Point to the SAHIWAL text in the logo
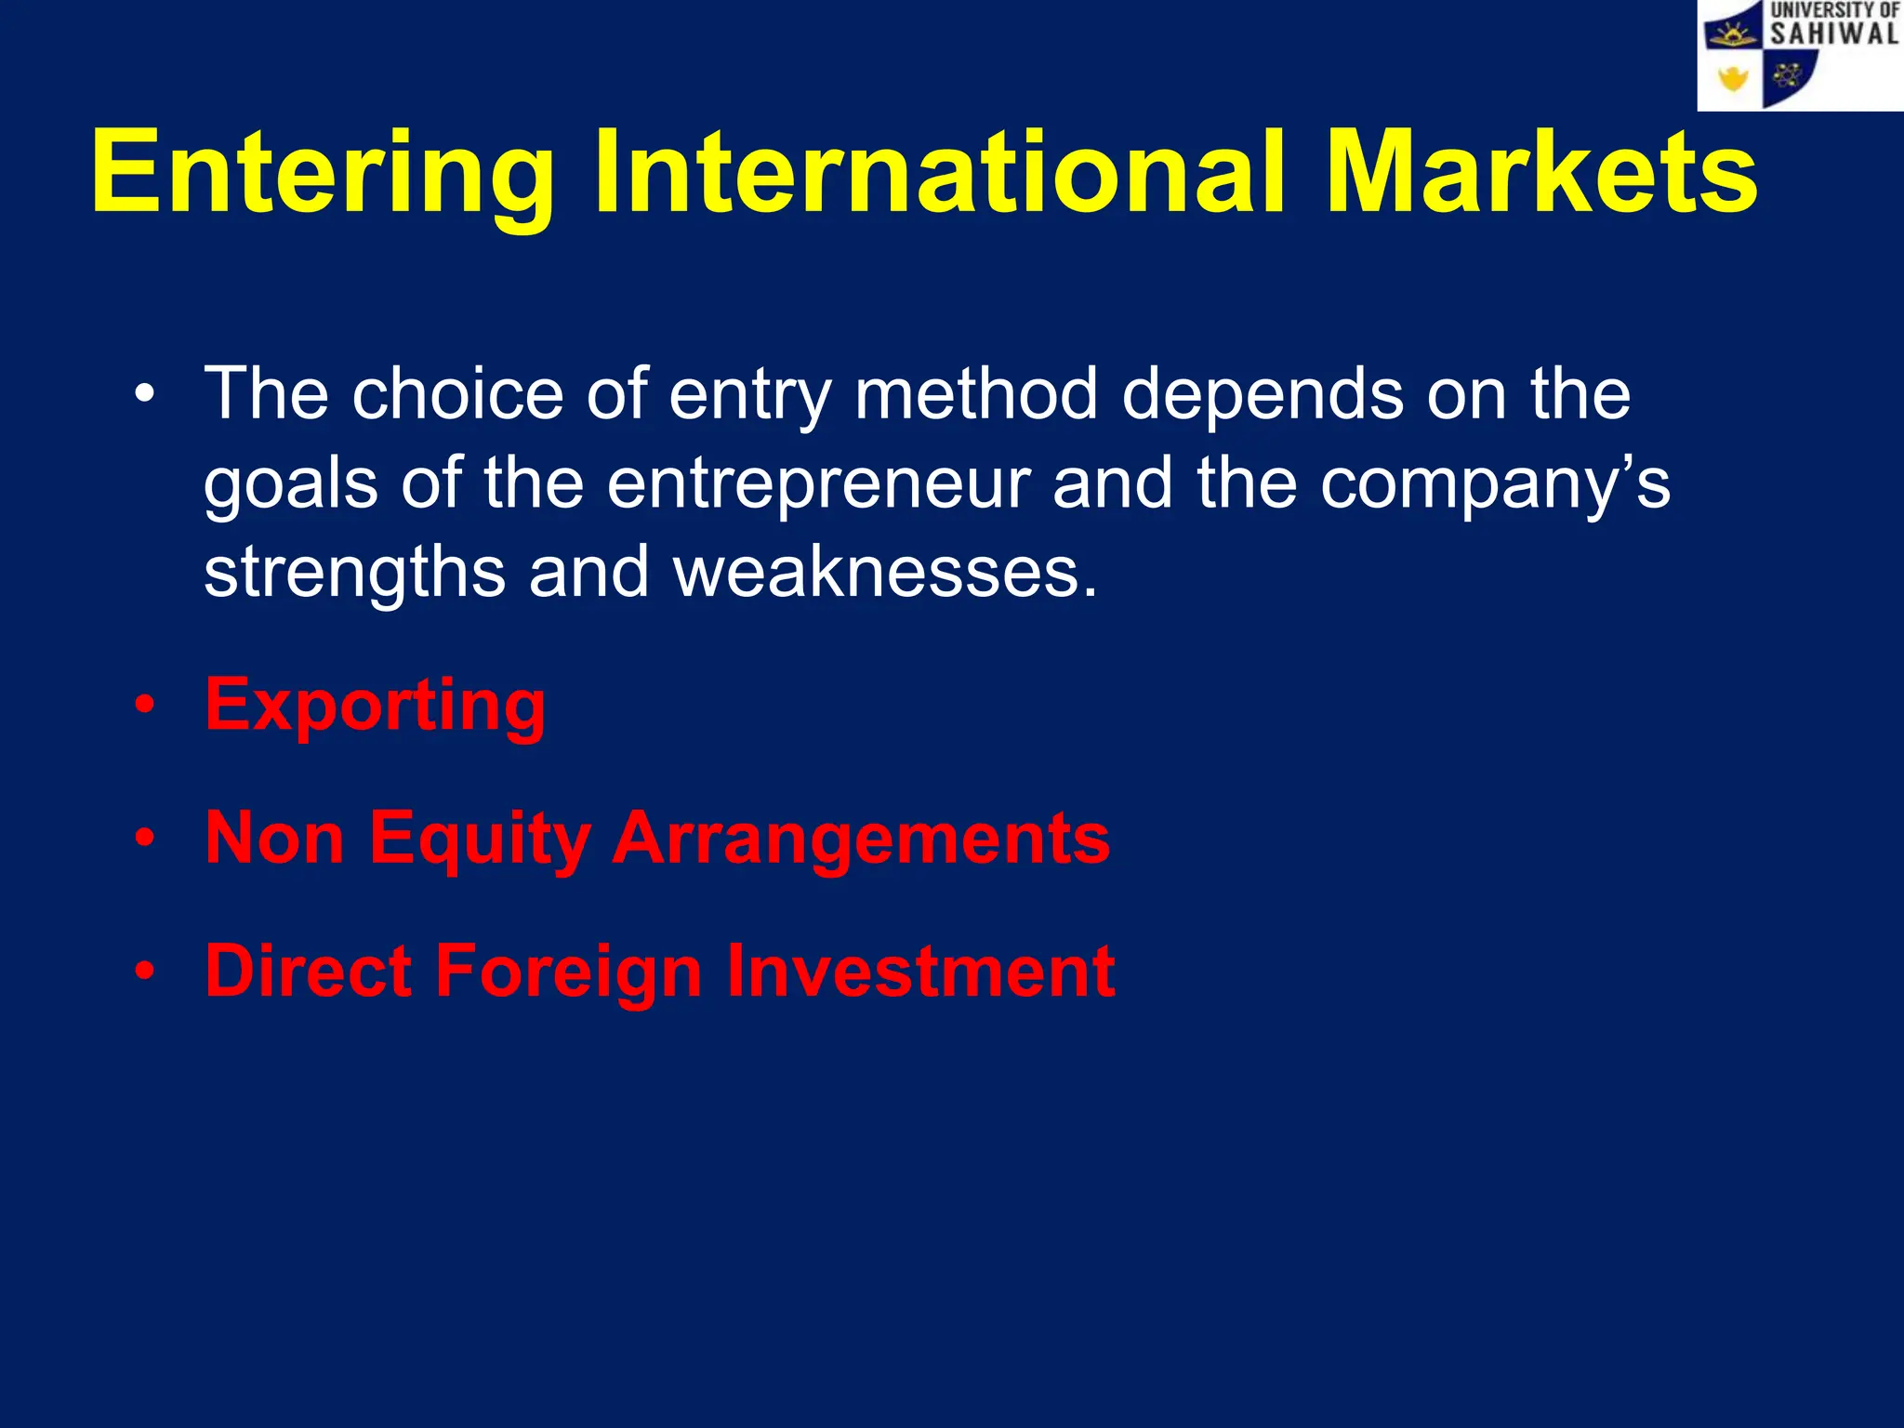pyautogui.click(x=1833, y=34)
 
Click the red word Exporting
pyautogui.click(x=376, y=707)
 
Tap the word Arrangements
pyautogui.click(x=861, y=840)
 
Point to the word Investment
pyautogui.click(x=920, y=972)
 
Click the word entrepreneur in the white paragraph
pyautogui.click(x=818, y=485)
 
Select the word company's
pyautogui.click(x=1495, y=485)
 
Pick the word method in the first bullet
pyautogui.click(x=976, y=394)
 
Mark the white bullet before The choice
pyautogui.click(x=144, y=395)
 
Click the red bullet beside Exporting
pyautogui.click(x=144, y=706)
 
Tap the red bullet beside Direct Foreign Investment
pyautogui.click(x=144, y=972)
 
